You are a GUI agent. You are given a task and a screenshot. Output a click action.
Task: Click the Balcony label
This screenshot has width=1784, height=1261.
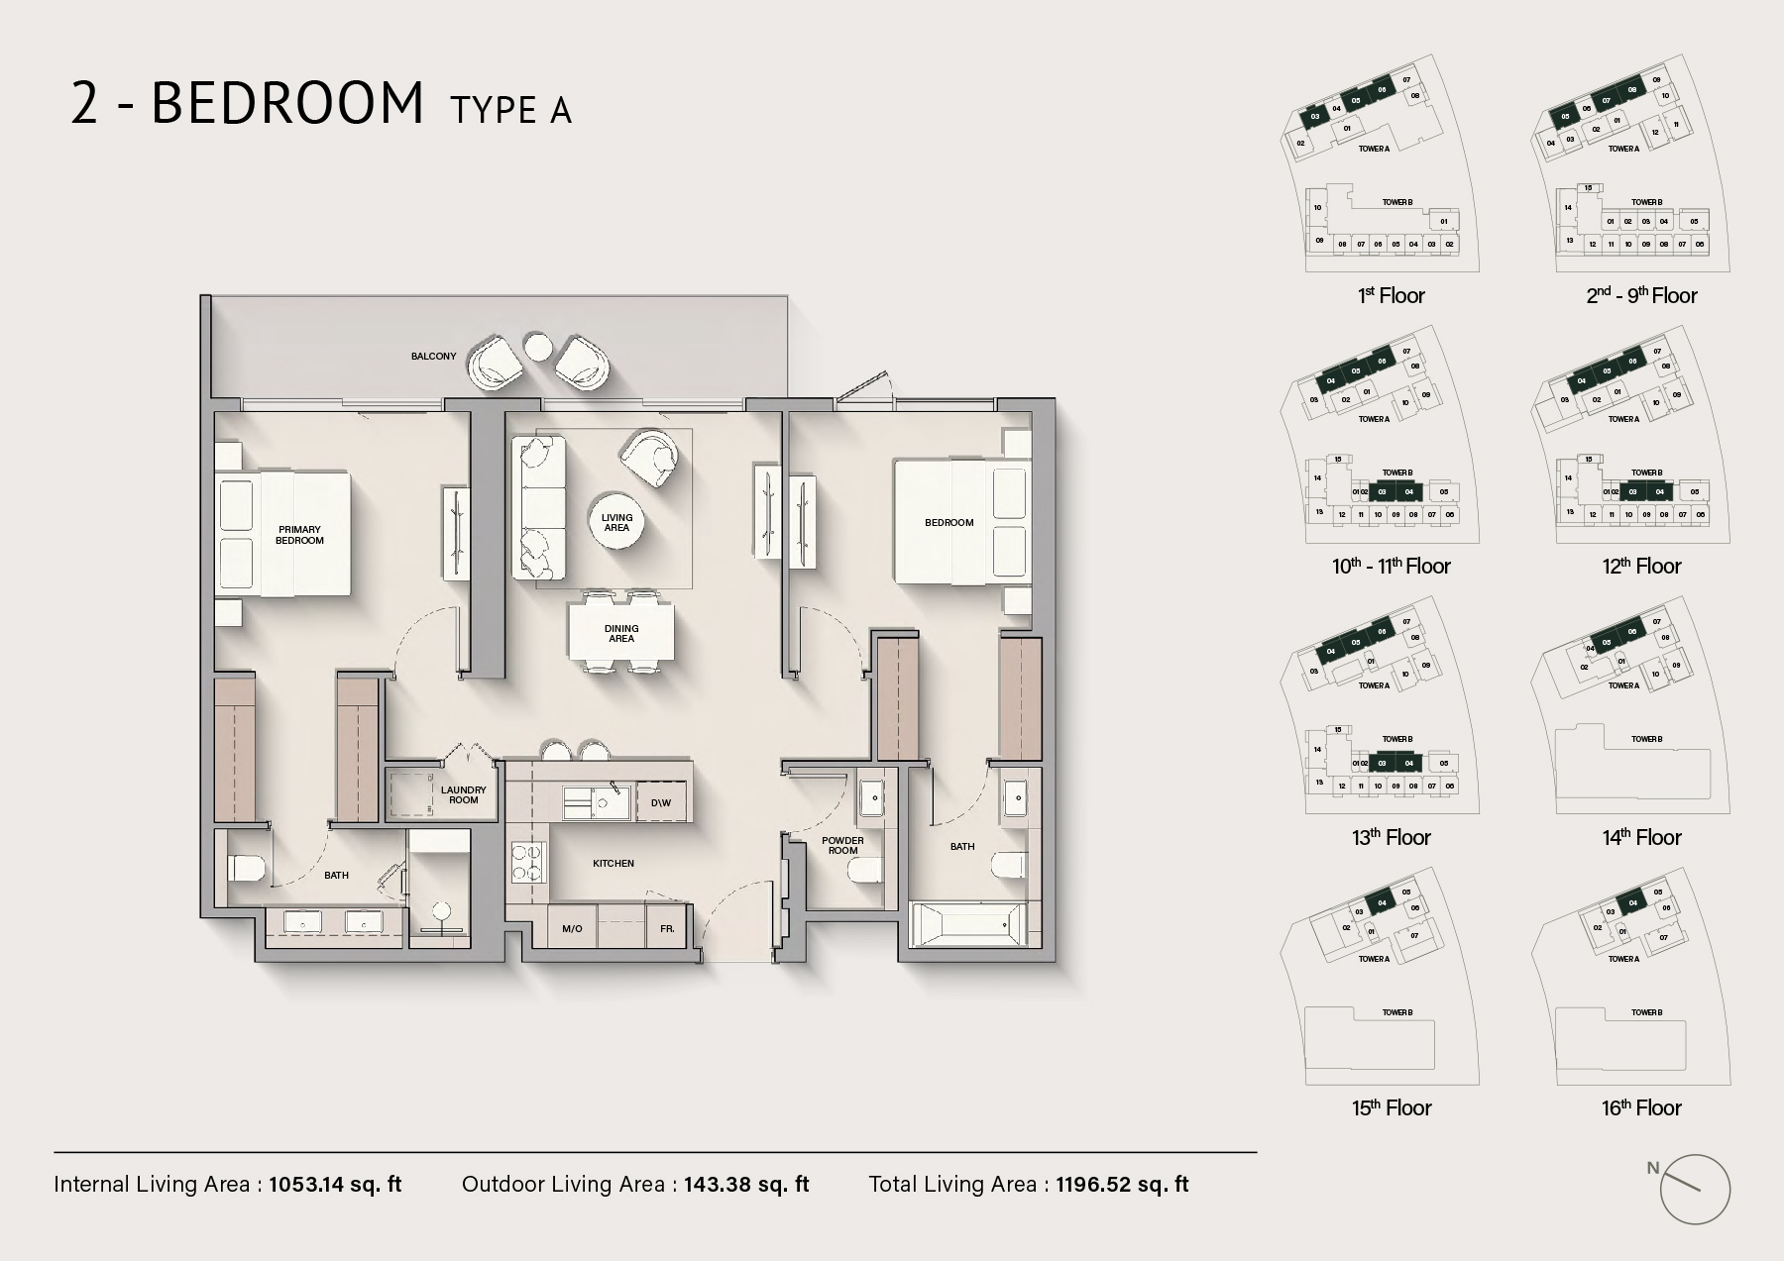(433, 356)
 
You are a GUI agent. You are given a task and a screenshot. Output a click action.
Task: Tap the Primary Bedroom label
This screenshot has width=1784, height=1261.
(299, 535)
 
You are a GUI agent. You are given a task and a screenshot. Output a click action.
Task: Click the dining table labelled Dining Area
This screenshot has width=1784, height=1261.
(621, 633)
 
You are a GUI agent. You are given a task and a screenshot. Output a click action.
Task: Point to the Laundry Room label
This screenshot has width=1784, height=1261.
(463, 794)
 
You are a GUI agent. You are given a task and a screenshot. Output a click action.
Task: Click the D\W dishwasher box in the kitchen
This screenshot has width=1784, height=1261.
(661, 802)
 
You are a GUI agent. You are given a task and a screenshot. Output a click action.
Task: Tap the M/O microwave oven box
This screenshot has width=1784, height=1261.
(572, 929)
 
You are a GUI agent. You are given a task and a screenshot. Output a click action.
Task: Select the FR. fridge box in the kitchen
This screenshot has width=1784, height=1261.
(667, 929)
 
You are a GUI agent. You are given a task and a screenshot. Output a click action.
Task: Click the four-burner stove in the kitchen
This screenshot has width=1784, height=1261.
(527, 862)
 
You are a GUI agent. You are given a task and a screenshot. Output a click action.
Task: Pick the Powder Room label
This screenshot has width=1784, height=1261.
(842, 845)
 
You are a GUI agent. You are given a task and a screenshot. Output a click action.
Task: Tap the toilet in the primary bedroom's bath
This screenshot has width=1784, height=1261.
(247, 869)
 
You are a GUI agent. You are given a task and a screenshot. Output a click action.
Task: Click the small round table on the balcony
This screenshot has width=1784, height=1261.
(538, 347)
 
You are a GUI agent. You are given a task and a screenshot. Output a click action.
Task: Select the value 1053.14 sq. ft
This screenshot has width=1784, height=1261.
(335, 1184)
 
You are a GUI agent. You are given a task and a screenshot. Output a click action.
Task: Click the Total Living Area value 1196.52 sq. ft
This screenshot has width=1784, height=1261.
(1122, 1184)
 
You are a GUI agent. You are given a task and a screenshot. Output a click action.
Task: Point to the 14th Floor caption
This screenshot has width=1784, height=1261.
(1641, 838)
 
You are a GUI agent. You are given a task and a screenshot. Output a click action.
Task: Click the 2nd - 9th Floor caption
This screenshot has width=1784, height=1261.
(1641, 296)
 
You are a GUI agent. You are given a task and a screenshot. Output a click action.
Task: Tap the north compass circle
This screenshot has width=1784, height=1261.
(1694, 1190)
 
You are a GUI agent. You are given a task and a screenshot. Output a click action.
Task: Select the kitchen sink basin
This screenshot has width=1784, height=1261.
(578, 802)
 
